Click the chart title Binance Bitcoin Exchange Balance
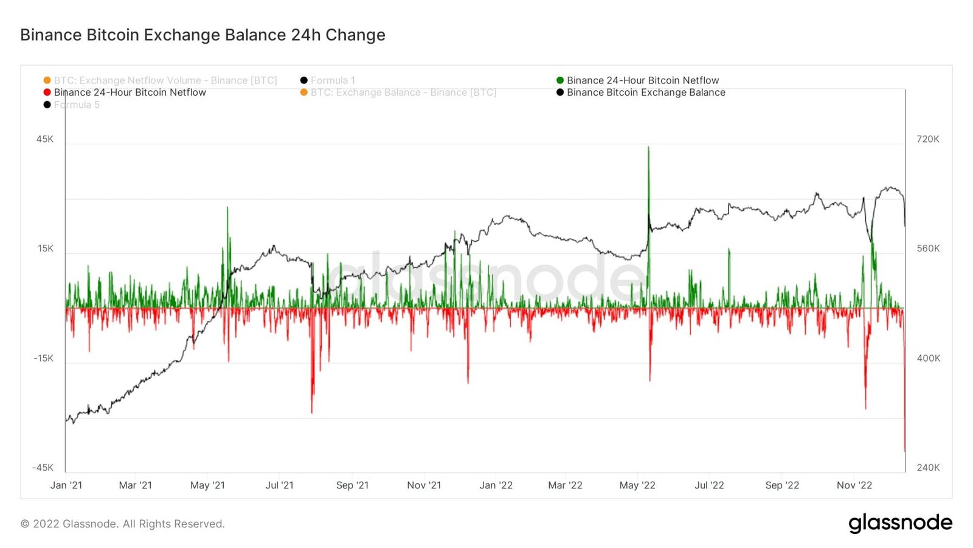[203, 35]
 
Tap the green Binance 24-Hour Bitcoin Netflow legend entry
[642, 80]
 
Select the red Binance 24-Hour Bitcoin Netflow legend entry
[130, 93]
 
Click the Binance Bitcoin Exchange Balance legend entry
[645, 93]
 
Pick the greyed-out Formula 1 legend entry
[332, 80]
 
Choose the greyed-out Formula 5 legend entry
[76, 105]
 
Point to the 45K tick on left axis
[45, 139]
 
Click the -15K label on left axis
[44, 358]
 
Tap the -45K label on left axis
[43, 468]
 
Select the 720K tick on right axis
[927, 139]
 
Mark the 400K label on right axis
[928, 358]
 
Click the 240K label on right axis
[928, 468]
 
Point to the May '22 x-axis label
[637, 485]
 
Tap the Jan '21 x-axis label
[66, 485]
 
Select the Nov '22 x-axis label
[854, 485]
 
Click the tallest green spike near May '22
[648, 148]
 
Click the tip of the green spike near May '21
[227, 208]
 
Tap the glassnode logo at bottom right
[900, 523]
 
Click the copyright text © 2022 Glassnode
[123, 524]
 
